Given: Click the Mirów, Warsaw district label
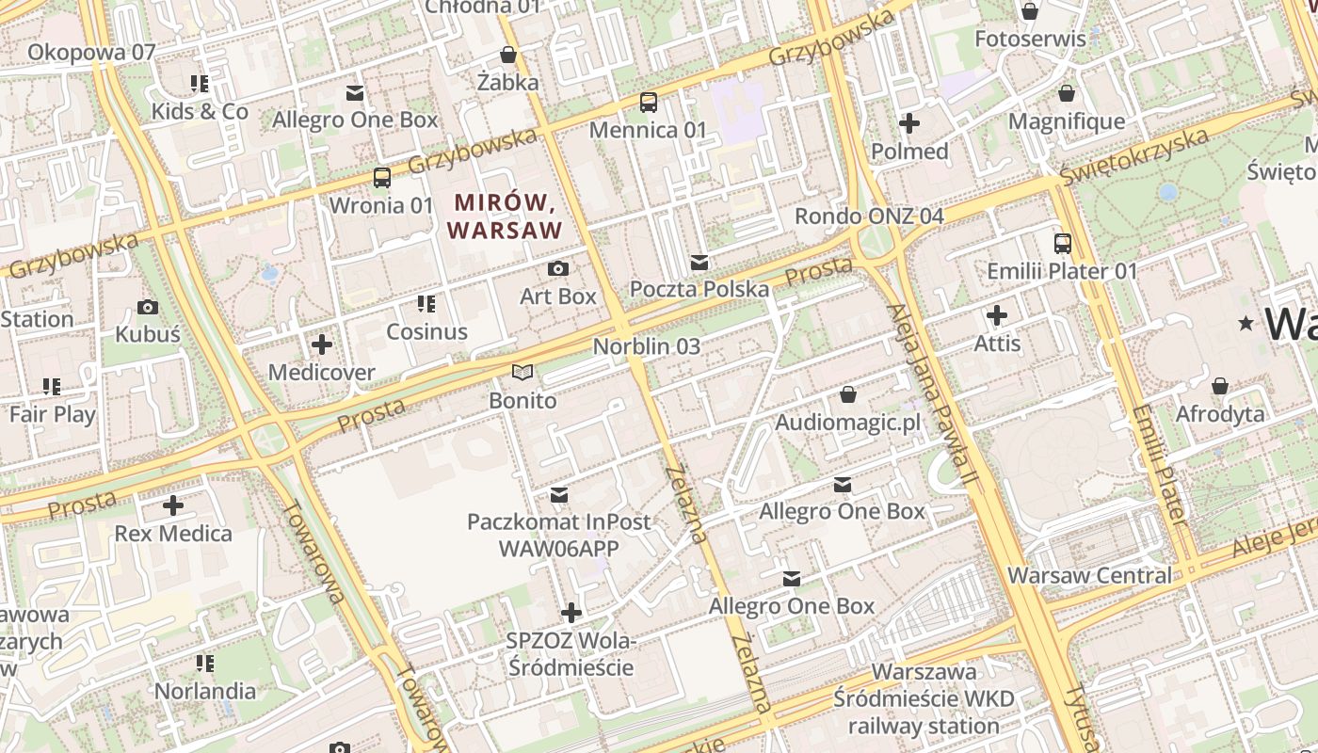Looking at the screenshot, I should [x=505, y=216].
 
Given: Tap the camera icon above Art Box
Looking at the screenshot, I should [x=558, y=269].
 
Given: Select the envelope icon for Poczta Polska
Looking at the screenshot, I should [x=699, y=262].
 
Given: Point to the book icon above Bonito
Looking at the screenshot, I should [x=522, y=373].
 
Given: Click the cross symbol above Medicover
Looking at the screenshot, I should [x=322, y=344].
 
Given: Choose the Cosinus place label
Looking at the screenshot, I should [x=426, y=331].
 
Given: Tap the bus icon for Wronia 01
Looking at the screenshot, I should [x=382, y=177].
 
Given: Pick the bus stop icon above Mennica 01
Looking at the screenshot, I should [x=649, y=102].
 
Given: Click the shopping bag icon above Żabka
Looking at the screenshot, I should [x=508, y=55].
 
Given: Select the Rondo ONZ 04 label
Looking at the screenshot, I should [x=868, y=216].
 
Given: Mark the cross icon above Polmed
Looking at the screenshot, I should [x=909, y=123].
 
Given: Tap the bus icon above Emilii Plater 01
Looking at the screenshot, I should [x=1063, y=243].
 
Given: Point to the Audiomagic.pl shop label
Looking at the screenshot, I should [x=847, y=423].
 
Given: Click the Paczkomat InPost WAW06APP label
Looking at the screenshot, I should [x=558, y=535].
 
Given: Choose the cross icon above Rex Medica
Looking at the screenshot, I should [x=173, y=505].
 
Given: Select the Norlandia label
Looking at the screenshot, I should [x=204, y=691].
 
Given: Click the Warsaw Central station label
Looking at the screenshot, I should [x=1090, y=575].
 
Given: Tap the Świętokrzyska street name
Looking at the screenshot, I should [x=1133, y=156].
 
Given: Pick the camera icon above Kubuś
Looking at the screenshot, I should [x=148, y=307].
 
